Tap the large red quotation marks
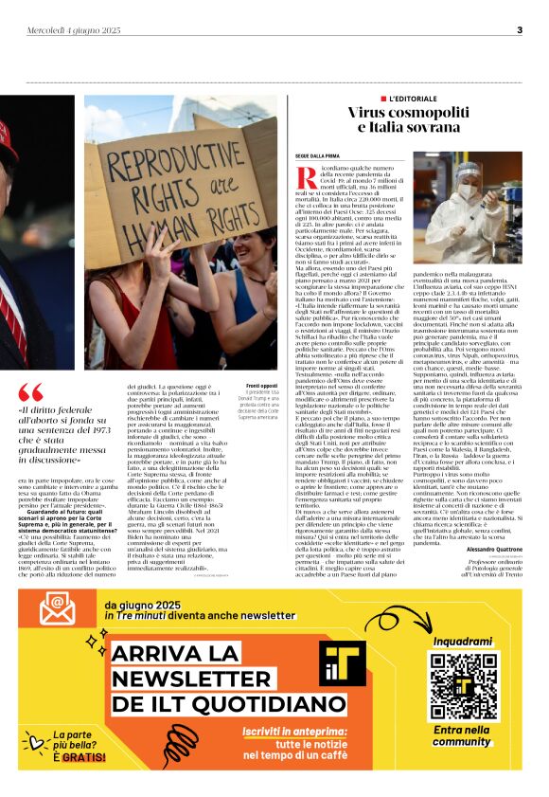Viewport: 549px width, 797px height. (31, 391)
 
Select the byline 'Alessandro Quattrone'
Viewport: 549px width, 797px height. (493, 550)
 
